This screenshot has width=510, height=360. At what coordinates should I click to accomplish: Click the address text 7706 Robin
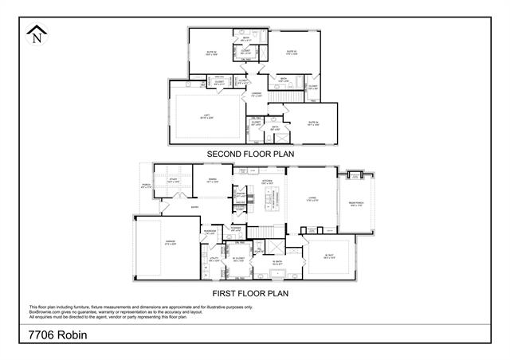[58, 335]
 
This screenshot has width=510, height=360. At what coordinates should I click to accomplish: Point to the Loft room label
[206, 116]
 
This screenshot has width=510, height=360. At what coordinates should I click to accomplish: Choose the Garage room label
[169, 242]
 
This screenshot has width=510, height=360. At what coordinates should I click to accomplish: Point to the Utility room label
[214, 259]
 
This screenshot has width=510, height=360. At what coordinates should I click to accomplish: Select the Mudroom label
[210, 232]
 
